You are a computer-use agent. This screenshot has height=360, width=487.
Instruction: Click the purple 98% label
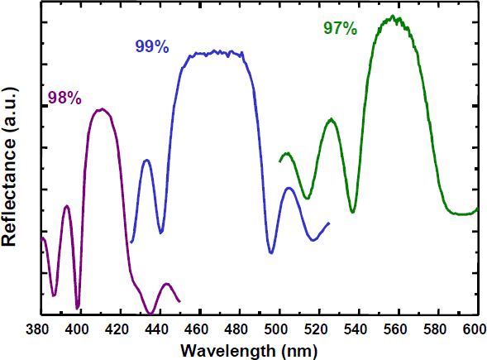64,98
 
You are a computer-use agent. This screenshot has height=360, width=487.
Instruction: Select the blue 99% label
151,47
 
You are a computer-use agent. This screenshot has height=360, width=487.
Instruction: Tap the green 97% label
340,29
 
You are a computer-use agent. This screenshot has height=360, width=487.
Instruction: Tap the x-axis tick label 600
475,328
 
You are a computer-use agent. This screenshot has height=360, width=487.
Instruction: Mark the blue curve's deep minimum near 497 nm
271,252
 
